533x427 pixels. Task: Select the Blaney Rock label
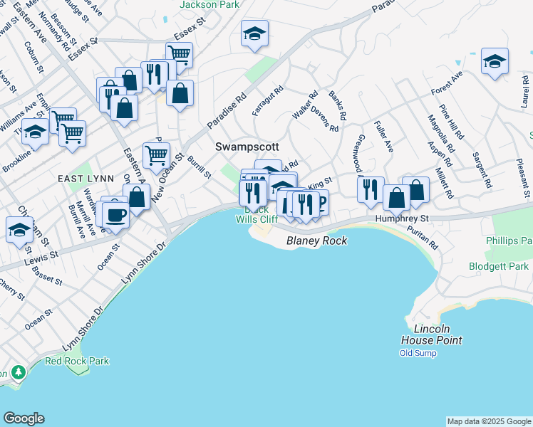316,241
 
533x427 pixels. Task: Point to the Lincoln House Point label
425,334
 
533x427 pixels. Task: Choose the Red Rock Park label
77,361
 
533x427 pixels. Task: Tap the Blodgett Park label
499,266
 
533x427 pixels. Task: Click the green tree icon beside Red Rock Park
16,371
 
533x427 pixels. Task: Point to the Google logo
24,418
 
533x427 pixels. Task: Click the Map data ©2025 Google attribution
489,421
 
